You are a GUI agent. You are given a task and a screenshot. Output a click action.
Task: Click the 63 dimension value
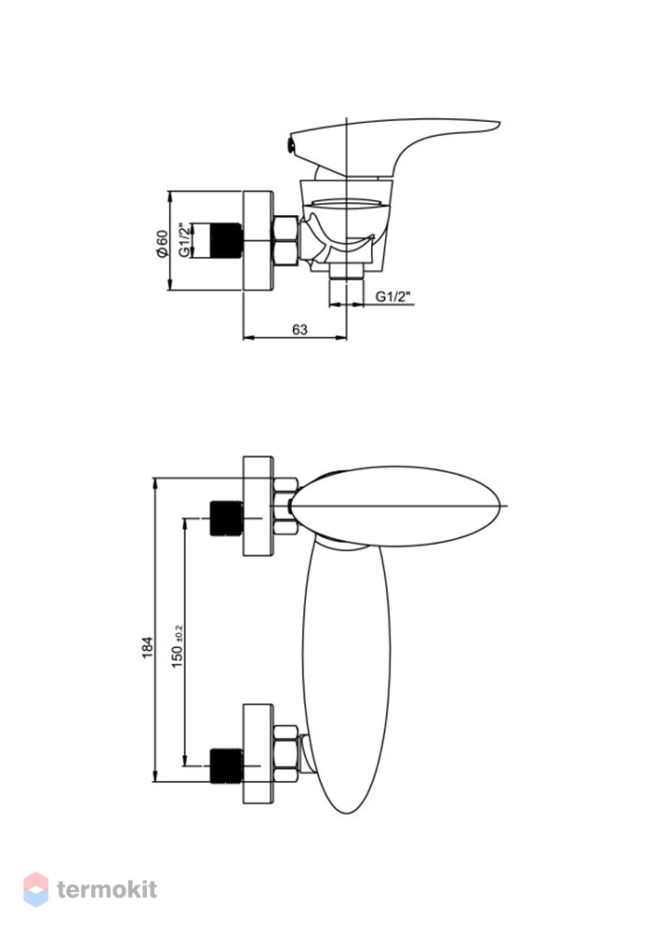click(x=300, y=329)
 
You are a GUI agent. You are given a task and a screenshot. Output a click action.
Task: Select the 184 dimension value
click(x=148, y=647)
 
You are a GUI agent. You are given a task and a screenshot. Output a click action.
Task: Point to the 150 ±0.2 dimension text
click(x=178, y=647)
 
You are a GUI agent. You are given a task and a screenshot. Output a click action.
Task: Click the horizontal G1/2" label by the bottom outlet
click(x=393, y=297)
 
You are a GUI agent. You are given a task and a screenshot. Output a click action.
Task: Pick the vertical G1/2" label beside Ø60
click(x=186, y=240)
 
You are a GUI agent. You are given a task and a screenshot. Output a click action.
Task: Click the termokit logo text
click(x=107, y=889)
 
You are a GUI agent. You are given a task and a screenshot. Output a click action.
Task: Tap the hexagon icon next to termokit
click(x=35, y=889)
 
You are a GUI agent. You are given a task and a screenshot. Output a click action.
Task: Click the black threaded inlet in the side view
click(x=226, y=240)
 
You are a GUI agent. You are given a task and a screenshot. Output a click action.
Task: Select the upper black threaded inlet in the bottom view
click(x=226, y=519)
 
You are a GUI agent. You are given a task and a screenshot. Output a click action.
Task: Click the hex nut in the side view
click(x=286, y=240)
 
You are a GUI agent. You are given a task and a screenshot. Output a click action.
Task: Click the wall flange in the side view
click(x=258, y=240)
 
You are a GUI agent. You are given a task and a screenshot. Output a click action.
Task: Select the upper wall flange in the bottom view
click(x=258, y=506)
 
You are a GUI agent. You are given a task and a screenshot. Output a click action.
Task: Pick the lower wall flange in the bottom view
click(x=258, y=754)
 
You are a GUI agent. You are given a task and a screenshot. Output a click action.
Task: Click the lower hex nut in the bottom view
click(x=286, y=754)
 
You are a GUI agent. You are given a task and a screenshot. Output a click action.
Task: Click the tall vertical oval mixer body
click(x=346, y=674)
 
